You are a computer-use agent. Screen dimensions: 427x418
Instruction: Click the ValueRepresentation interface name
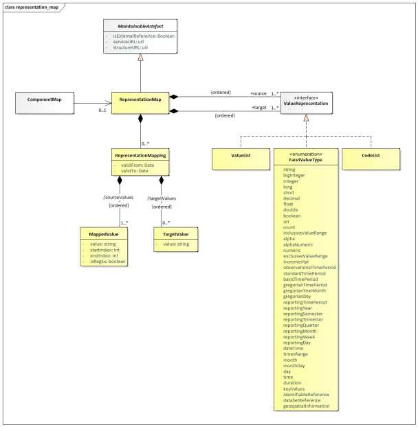[306, 103]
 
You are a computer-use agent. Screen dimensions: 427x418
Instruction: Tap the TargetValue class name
[175, 234]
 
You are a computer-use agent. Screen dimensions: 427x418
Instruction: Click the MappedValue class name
[104, 234]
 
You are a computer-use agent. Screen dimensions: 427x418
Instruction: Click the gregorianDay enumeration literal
[298, 296]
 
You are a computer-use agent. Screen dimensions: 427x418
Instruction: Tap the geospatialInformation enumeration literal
[307, 406]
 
